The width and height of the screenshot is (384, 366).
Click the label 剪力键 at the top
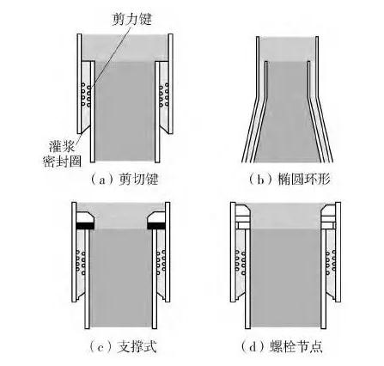[x=131, y=19]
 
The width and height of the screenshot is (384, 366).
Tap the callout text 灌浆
[x=62, y=146]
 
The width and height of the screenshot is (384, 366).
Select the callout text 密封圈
[x=62, y=162]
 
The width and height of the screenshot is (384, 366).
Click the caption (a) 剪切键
[x=125, y=180]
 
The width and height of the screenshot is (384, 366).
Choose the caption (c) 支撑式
[x=123, y=347]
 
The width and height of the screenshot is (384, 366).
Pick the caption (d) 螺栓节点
[x=282, y=347]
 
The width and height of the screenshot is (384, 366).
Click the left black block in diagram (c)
[x=86, y=226]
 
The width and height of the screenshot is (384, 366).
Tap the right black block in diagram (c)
[x=156, y=226]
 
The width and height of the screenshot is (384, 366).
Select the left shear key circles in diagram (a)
[x=86, y=95]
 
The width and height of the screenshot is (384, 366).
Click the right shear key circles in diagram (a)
[x=164, y=95]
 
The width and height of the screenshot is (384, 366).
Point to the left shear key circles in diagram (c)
[x=81, y=262]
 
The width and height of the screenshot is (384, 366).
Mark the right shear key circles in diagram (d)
[x=331, y=262]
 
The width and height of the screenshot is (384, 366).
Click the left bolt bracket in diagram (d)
[x=243, y=217]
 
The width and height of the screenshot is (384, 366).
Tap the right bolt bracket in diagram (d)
[x=328, y=217]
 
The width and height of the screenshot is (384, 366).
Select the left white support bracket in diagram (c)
[x=85, y=217]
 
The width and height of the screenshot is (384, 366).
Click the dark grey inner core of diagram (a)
[x=125, y=111]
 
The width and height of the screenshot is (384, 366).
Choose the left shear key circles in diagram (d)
[x=240, y=262]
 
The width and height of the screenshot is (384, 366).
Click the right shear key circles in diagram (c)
[x=161, y=262]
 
